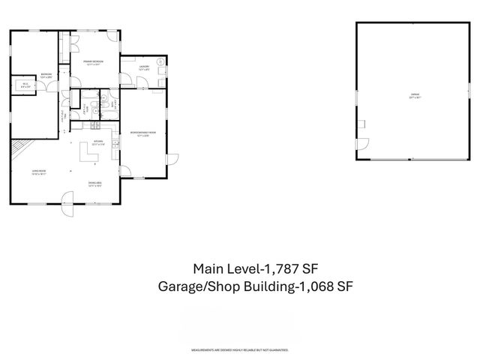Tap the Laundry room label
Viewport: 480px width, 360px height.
coord(144,68)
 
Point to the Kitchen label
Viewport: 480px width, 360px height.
coord(98,142)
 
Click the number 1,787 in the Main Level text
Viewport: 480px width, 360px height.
coord(283,268)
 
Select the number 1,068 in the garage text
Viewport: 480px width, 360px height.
coord(315,286)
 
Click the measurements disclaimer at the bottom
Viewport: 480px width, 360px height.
coord(240,350)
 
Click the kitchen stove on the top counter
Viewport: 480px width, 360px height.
coord(97,133)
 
